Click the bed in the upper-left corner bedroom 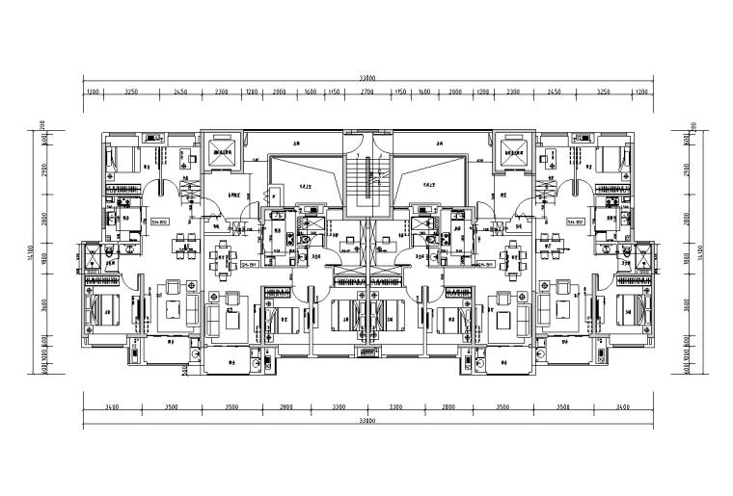coord(122,157)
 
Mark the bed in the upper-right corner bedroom coord(611,157)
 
